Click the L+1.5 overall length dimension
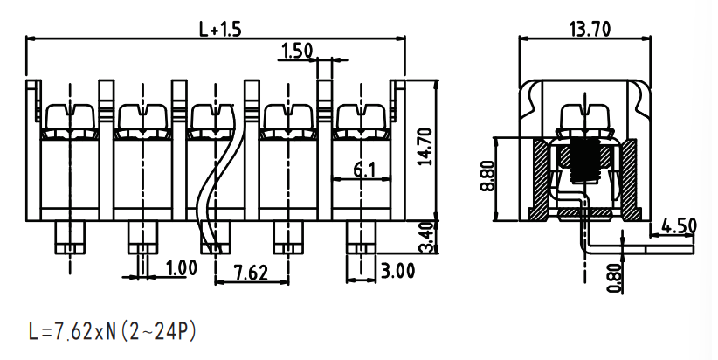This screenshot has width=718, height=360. point(220,30)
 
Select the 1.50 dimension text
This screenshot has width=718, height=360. point(297,51)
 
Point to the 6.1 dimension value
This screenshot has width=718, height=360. point(364,170)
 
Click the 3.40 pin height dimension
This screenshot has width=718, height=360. point(426,238)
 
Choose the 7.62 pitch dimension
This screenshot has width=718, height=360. point(251,273)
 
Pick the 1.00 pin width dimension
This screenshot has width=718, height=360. point(182,268)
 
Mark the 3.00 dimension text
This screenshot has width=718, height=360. point(398,271)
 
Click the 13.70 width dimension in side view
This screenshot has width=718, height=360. point(590,30)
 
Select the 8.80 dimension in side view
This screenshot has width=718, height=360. point(488,176)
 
